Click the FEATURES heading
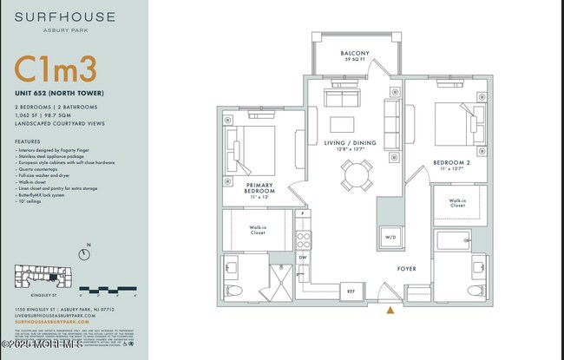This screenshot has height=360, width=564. coord(28,141)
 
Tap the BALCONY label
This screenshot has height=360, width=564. coord(355,54)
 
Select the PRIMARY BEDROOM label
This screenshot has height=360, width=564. coord(259,188)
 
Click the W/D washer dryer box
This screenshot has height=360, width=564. coord(389,237)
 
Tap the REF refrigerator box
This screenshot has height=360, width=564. coord(351,291)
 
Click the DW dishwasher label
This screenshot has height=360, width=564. coord(303,258)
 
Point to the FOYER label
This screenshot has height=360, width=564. coord(407,269)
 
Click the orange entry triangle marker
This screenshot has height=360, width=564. coord(390,310)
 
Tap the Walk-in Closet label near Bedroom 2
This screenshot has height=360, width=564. coord(457,203)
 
